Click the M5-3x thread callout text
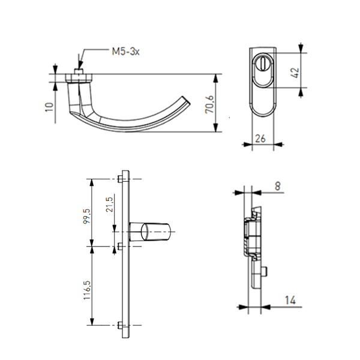point(125,52)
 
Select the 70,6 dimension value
point(209,104)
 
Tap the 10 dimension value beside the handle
point(49,107)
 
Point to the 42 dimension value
point(295,73)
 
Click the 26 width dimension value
point(260,139)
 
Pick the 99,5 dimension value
point(87,216)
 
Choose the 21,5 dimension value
point(109,205)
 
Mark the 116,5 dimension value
point(87,290)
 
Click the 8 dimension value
point(278,186)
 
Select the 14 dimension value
point(290,300)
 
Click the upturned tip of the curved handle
point(186,101)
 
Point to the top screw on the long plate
point(119,179)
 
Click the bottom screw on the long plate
point(119,325)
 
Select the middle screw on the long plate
point(119,247)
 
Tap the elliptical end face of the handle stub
point(145,232)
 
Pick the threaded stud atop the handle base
point(79,71)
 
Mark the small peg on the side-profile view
point(264,271)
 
